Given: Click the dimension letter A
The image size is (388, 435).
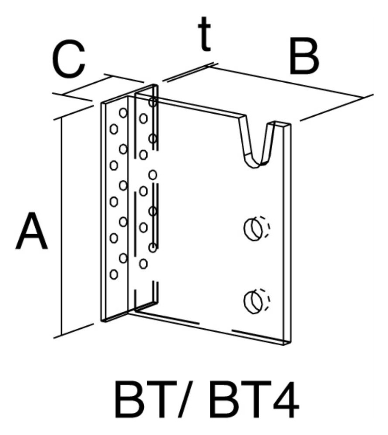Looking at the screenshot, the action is pyautogui.click(x=31, y=231).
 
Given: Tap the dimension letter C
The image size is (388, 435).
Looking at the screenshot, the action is pyautogui.click(x=68, y=59).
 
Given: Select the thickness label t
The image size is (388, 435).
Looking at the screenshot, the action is pyautogui.click(x=205, y=34).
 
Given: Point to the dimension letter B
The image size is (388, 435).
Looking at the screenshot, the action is pyautogui.click(x=304, y=57).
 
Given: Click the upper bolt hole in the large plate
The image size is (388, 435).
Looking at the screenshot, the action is pyautogui.click(x=253, y=229).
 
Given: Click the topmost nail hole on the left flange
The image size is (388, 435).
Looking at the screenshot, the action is pyautogui.click(x=123, y=113).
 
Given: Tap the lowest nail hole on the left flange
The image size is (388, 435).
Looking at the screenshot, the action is pyautogui.click(x=114, y=274).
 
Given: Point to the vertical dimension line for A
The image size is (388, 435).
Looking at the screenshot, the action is pyautogui.click(x=61, y=226).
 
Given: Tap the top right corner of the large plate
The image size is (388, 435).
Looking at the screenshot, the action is pyautogui.click(x=291, y=124).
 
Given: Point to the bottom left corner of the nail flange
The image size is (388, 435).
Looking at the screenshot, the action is pyautogui.click(x=101, y=321).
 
